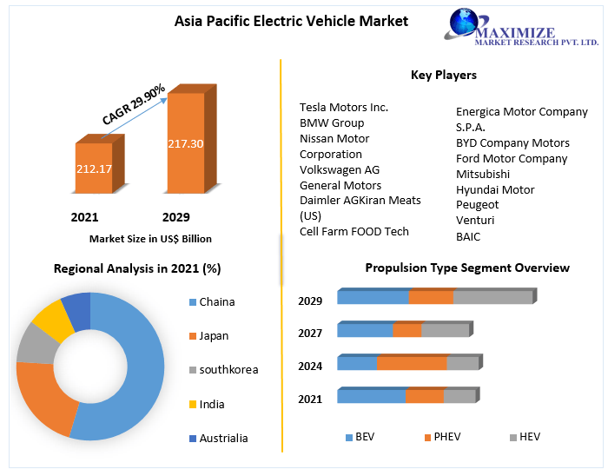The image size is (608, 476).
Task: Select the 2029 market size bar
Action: pos(185,143)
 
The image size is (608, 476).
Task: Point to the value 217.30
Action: pos(185,143)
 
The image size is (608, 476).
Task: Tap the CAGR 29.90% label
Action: pos(133,104)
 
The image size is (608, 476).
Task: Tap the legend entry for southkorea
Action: pos(228,370)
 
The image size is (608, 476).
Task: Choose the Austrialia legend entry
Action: pos(223,439)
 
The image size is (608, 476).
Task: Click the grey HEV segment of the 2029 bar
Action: pos(492,297)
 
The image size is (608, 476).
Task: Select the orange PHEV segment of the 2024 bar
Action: pos(411,363)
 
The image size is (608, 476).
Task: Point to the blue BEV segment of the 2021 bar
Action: pos(371,396)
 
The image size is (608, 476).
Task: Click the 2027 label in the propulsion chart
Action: pos(310,334)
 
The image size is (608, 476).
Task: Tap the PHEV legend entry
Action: pos(446,437)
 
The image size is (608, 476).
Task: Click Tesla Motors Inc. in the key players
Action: pos(344,108)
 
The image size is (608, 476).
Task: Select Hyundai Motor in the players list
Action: pos(495,189)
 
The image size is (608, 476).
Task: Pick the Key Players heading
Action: pos(443,76)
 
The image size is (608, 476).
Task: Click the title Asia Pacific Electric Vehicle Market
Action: pos(291,21)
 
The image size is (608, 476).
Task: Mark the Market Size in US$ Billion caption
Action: pos(150,238)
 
